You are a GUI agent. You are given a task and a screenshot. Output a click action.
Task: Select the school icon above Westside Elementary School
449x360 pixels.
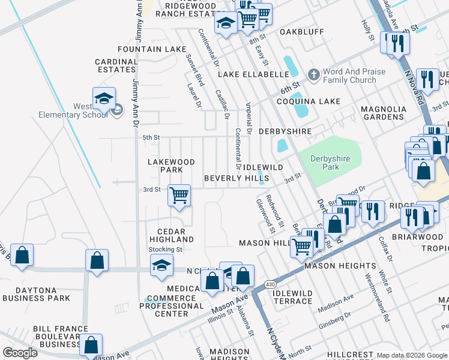(104, 99)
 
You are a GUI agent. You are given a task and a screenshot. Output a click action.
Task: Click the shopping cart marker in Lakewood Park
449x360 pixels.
(179, 196)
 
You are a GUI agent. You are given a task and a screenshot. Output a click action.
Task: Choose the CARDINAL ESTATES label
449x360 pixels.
(116, 65)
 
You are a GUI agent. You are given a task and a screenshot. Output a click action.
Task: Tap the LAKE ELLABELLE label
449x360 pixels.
(253, 74)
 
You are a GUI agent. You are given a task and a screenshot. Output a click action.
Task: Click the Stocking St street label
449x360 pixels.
(165, 249)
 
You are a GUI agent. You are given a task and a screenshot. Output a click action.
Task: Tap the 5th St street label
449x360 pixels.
(151, 137)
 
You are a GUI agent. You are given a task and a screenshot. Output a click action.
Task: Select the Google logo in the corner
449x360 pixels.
(20, 353)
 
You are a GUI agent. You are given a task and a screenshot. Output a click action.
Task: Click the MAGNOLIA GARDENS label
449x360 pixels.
(383, 113)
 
